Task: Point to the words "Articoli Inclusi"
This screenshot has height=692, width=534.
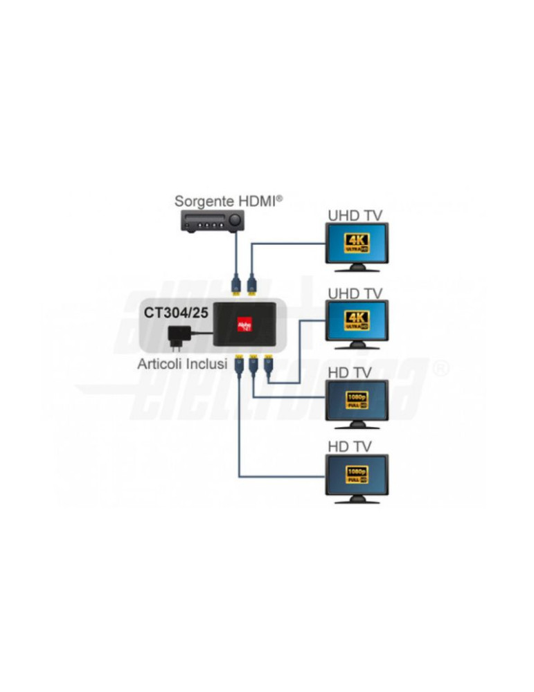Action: tap(182, 364)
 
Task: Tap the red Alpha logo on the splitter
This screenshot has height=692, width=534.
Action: tap(244, 323)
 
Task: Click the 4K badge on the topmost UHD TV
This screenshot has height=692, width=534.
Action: tap(357, 243)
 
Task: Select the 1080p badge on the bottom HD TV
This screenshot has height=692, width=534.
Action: tap(357, 474)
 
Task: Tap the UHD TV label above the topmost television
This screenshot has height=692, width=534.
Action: tap(355, 215)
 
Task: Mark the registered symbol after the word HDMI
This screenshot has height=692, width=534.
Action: tap(279, 197)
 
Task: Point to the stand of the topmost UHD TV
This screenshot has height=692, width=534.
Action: tap(357, 267)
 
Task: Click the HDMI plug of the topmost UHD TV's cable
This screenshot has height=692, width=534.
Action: tap(251, 283)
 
